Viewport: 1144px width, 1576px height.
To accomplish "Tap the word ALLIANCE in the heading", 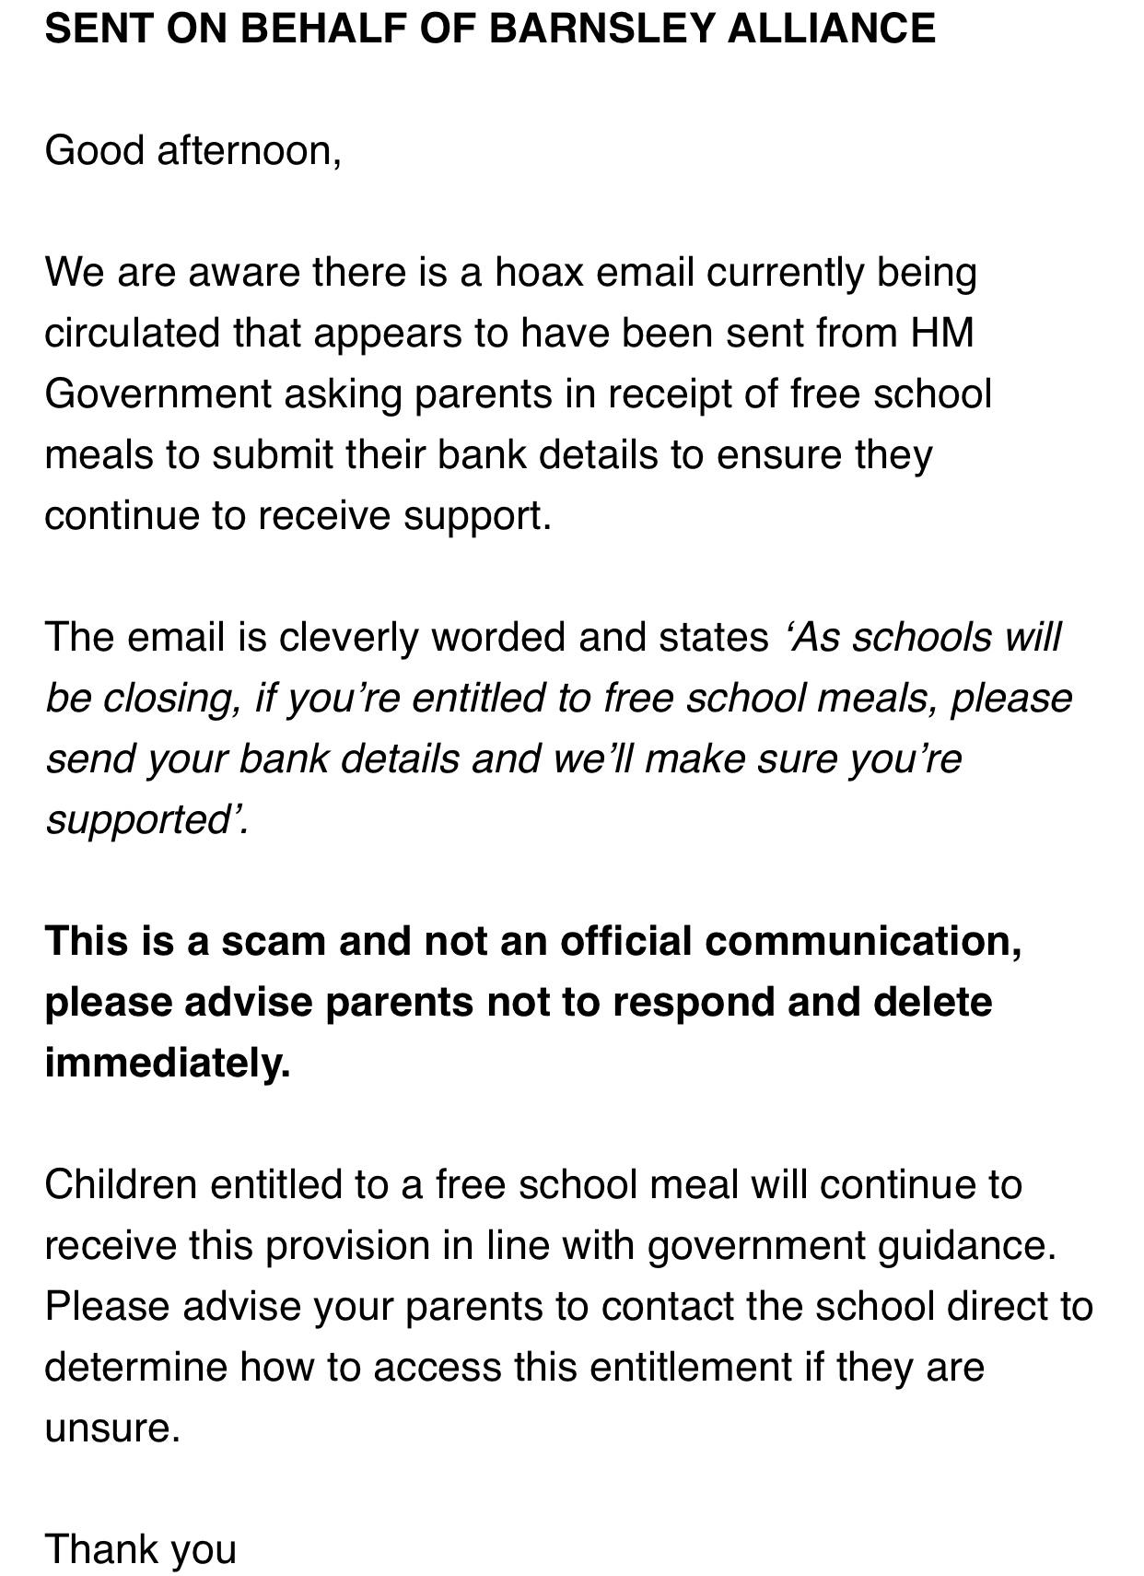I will (831, 29).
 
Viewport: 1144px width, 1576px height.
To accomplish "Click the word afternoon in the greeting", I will (249, 150).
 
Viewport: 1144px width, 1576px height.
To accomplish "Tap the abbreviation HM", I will (942, 333).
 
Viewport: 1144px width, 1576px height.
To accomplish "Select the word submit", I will (272, 454).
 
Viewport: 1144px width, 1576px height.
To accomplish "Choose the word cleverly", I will (348, 637).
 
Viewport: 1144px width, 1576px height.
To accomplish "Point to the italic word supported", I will (143, 819).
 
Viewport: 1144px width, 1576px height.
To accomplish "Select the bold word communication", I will (863, 941).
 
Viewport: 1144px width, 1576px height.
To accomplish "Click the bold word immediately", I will (167, 1063).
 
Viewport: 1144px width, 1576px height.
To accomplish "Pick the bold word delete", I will (932, 1002).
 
